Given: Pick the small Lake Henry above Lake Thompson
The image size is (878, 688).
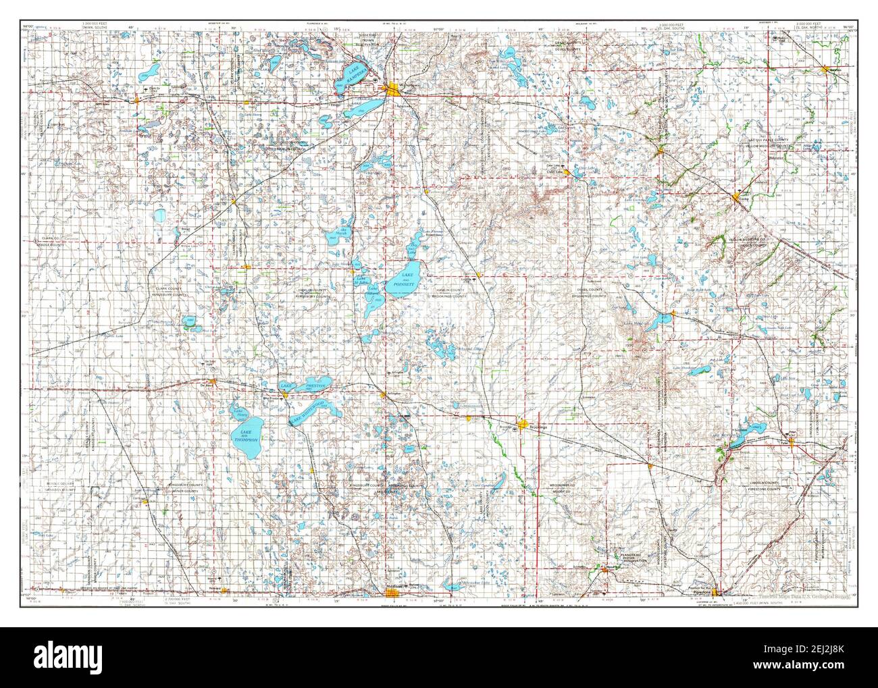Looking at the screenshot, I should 237,411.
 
